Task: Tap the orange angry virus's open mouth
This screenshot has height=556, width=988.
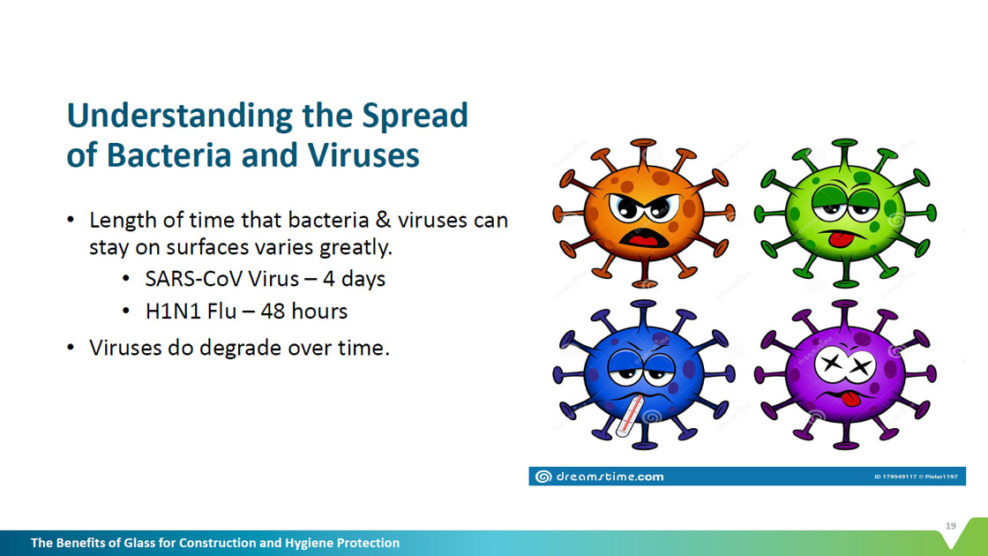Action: pyautogui.click(x=643, y=238)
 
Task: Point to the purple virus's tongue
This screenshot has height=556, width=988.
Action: pyautogui.click(x=850, y=399)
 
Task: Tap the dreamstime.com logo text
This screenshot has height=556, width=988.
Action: pyautogui.click(x=610, y=477)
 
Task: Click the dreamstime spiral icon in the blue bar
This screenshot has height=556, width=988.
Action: pyautogui.click(x=543, y=477)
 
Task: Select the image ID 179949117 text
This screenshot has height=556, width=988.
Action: pyautogui.click(x=895, y=477)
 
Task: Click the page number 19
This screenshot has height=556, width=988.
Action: pyautogui.click(x=950, y=526)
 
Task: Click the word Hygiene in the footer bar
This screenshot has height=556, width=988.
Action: pyautogui.click(x=310, y=544)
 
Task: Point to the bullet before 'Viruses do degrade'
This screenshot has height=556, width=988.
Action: pyautogui.click(x=71, y=348)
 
